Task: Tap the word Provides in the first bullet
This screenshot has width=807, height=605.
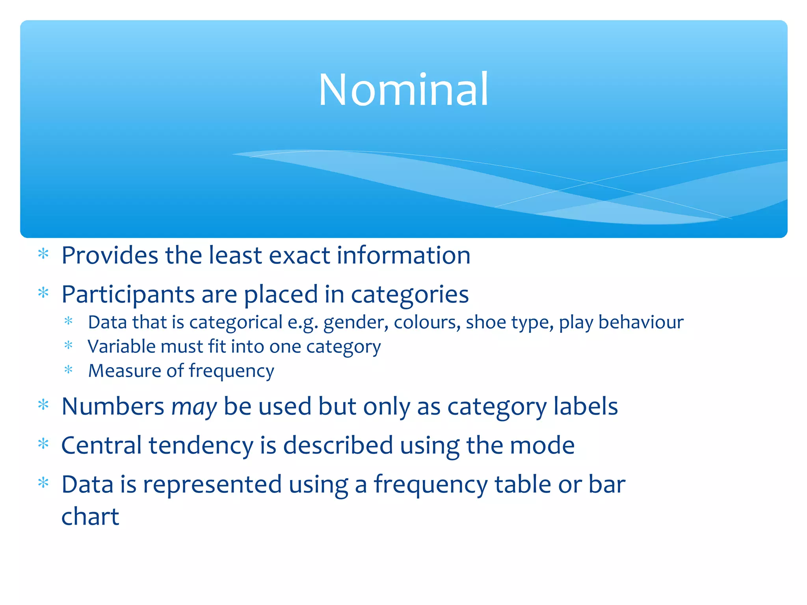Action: (x=110, y=256)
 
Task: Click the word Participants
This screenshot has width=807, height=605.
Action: (x=128, y=295)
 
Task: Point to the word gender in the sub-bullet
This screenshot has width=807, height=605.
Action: (x=356, y=323)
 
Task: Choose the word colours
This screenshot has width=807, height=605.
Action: (x=427, y=322)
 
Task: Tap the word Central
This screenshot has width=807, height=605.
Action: (x=101, y=445)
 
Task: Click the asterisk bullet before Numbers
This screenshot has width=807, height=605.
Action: (x=43, y=405)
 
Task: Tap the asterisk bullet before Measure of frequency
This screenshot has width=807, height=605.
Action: (x=69, y=370)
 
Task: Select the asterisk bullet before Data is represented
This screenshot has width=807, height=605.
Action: (x=43, y=483)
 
